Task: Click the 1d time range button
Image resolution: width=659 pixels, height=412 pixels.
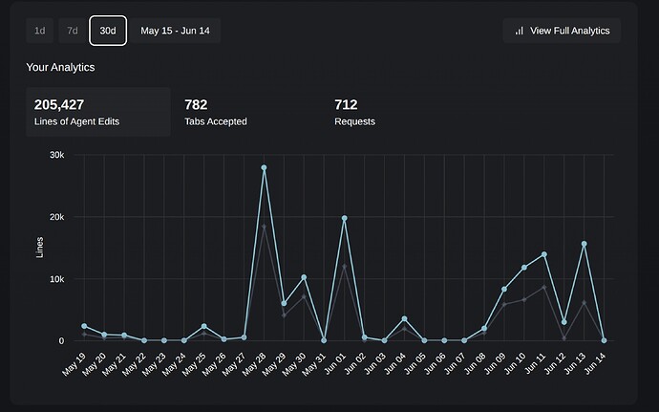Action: [x=39, y=31]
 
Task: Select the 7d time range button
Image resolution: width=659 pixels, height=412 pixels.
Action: [x=73, y=31]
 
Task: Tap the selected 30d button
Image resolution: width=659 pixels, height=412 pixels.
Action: [x=108, y=31]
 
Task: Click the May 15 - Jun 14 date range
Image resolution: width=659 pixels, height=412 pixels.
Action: [x=176, y=31]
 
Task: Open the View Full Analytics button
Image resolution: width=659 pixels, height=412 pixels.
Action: [x=562, y=31]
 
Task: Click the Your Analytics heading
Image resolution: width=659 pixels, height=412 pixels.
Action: [x=60, y=67]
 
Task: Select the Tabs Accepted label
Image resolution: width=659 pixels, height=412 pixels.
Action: [x=215, y=121]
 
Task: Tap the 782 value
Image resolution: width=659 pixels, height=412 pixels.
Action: [x=196, y=104]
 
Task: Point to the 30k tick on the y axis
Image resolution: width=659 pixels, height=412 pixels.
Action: [x=56, y=155]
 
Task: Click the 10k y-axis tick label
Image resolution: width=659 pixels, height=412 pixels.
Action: [x=56, y=279]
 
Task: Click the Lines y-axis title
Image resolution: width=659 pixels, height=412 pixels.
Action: [x=40, y=248]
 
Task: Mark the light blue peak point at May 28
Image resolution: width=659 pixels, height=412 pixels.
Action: [x=264, y=168]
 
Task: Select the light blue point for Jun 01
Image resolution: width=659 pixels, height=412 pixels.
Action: [x=344, y=218]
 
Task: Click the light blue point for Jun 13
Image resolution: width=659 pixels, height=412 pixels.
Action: [x=584, y=244]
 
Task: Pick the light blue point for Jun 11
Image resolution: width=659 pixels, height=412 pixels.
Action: [x=544, y=254]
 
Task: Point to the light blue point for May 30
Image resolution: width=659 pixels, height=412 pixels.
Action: [x=304, y=277]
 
